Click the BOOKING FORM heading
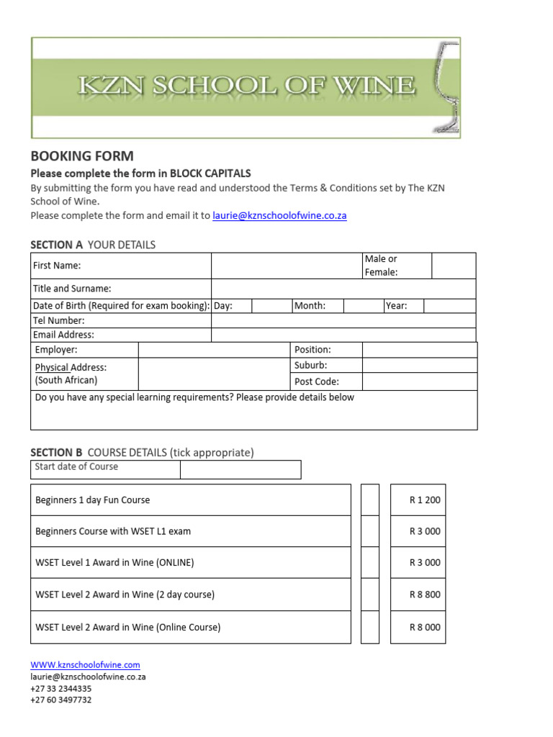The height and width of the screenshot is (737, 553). coord(81,156)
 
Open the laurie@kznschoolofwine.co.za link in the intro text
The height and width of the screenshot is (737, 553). coord(279,215)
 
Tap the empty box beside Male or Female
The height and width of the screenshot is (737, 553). coord(454,266)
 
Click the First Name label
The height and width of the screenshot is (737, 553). coord(57,266)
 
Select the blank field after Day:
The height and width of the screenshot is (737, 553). coord(271,306)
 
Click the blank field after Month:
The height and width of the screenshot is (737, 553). coord(363,306)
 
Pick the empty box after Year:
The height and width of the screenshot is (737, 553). coord(449,306)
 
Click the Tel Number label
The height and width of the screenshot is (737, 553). coord(59,320)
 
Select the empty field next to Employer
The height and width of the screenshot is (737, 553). coord(214,350)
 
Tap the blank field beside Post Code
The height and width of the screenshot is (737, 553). coord(419,381)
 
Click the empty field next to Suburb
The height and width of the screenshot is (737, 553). coord(419,366)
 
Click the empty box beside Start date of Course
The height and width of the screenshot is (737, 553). coord(240,470)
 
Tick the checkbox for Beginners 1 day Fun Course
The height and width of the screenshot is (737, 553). coord(369,500)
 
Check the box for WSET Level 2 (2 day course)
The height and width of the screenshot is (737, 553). coord(369,594)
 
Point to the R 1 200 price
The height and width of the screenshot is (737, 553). coord(424,500)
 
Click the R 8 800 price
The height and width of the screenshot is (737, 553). coord(424,594)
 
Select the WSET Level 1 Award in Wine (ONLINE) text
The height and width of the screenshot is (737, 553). coord(114,563)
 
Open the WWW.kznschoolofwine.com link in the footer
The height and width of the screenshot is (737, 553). coord(85,665)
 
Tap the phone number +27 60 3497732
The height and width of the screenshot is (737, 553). coord(61,700)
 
